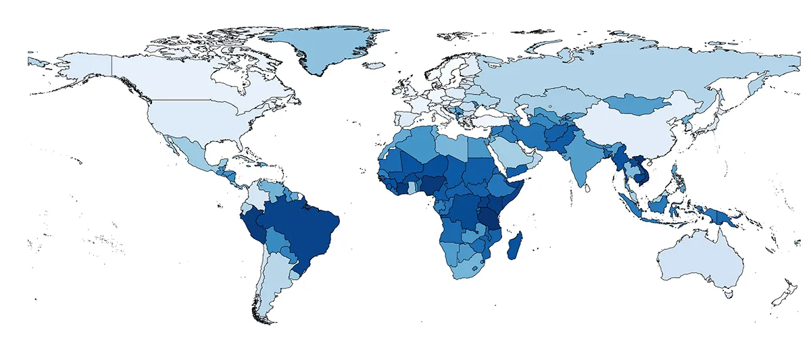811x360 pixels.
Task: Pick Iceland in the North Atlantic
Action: (374, 66)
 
